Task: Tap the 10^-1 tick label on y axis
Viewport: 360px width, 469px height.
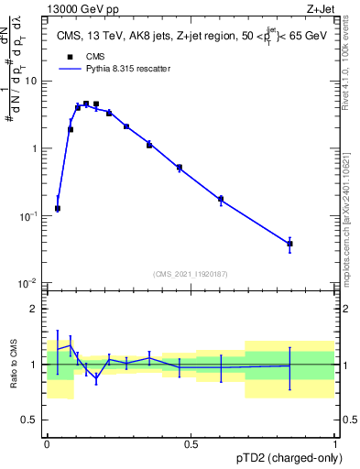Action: pyautogui.click(x=30, y=216)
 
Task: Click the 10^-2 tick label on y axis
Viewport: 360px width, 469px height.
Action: pyautogui.click(x=30, y=283)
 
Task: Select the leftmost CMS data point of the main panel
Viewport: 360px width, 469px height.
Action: pyautogui.click(x=58, y=209)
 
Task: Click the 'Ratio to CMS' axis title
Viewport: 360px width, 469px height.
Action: pyautogui.click(x=13, y=365)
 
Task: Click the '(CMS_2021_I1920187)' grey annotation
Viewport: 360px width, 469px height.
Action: pyautogui.click(x=191, y=273)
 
